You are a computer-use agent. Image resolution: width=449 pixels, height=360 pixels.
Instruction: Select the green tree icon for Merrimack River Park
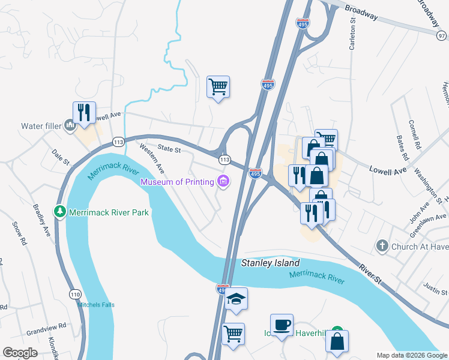59,212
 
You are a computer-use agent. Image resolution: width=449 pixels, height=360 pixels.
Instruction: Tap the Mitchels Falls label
95,305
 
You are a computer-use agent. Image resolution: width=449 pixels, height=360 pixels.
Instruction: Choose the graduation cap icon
236,299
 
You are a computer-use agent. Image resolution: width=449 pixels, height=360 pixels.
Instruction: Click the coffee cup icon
282,325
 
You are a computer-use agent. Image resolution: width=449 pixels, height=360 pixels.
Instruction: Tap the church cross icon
382,245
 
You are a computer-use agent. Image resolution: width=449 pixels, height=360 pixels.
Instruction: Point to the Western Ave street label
152,159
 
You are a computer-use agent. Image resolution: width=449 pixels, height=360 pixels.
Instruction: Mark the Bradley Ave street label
41,221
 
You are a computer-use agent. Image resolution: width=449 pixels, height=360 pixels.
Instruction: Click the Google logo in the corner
20,353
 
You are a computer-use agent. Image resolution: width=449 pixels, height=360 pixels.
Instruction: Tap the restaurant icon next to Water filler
84,112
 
